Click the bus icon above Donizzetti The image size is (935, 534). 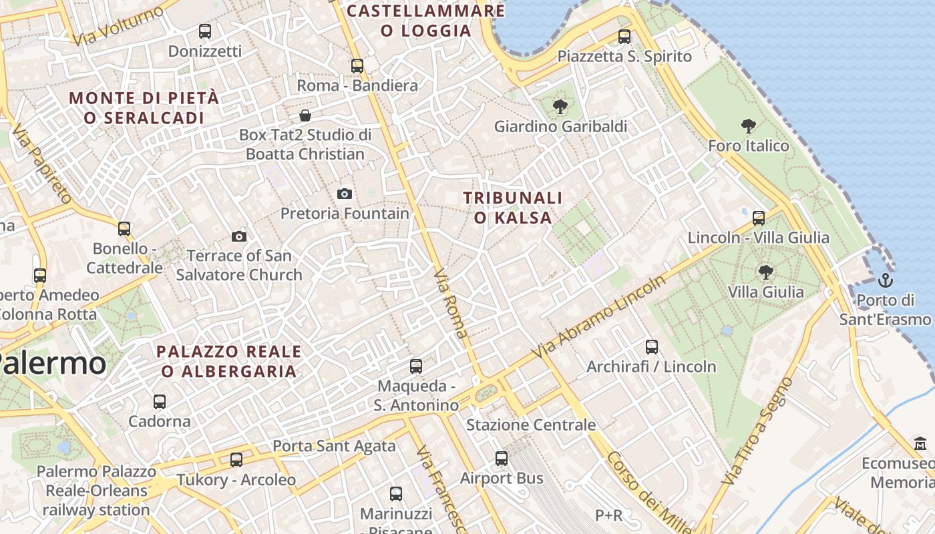[205, 31]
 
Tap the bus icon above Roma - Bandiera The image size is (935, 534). [357, 65]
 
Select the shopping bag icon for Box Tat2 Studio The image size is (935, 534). [305, 115]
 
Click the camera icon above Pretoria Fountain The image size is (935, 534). [345, 194]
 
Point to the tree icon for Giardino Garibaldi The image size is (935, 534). [560, 106]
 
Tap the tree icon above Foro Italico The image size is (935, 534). [748, 125]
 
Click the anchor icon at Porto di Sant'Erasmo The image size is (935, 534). [886, 280]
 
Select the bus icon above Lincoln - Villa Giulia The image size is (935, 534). [759, 218]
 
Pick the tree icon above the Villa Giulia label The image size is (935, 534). [765, 272]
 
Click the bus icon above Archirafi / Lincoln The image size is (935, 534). [652, 346]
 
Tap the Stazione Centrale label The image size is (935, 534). [531, 425]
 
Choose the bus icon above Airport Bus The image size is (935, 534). [502, 459]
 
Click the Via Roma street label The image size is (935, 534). [451, 304]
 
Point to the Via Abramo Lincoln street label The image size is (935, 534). [599, 316]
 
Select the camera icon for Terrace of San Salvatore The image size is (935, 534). [238, 236]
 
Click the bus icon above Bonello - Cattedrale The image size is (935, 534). [124, 229]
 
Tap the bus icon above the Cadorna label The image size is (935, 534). [160, 401]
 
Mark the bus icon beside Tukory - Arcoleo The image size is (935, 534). [236, 459]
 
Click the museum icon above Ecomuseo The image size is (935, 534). [920, 443]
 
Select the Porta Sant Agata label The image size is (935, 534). [334, 446]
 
